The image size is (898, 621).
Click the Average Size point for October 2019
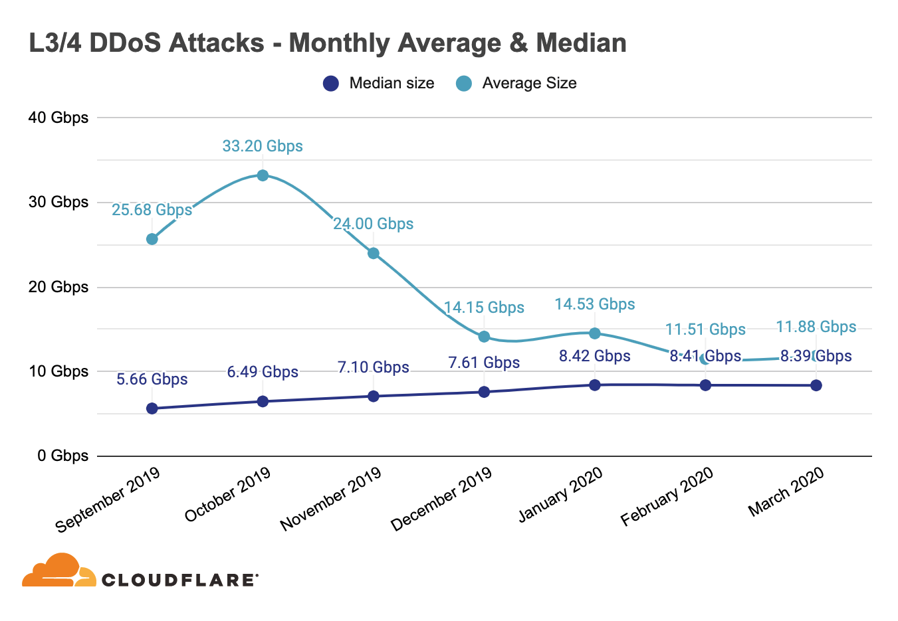point(263,175)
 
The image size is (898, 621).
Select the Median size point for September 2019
point(152,408)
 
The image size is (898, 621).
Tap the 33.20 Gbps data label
point(263,146)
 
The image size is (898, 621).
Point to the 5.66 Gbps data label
point(152,379)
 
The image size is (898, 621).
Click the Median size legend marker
point(330,84)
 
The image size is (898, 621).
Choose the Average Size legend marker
point(464,84)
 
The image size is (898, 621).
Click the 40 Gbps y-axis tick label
point(58,118)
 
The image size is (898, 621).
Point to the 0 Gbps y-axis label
point(63,456)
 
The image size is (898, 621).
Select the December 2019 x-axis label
point(442,498)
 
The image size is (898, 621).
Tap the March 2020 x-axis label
point(786,491)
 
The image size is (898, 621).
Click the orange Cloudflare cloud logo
point(58,571)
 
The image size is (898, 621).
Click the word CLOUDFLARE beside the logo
point(179,580)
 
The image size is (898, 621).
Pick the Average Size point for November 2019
point(374,253)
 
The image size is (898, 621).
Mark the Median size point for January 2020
point(595,385)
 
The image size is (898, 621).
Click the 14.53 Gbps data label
point(595,304)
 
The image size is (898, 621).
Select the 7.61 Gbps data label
point(484,363)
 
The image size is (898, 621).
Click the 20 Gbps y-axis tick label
point(58,287)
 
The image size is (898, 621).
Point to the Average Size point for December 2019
point(484,337)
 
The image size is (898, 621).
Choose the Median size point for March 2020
point(816,385)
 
